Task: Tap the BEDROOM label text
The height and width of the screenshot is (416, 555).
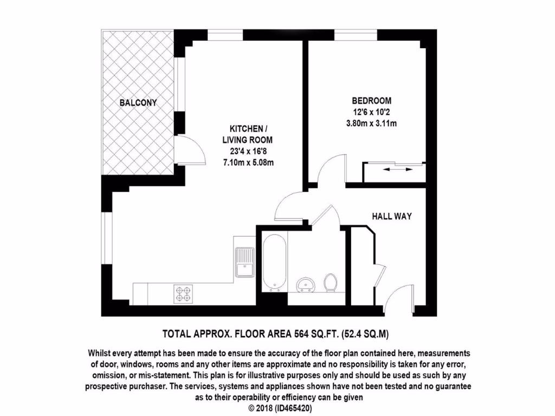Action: pyautogui.click(x=371, y=101)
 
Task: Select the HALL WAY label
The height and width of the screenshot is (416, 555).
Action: pyautogui.click(x=391, y=216)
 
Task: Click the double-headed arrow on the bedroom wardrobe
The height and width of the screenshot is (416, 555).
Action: pyautogui.click(x=394, y=170)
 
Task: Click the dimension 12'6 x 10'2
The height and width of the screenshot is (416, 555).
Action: pyautogui.click(x=371, y=112)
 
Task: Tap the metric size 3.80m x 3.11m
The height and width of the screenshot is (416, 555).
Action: pyautogui.click(x=371, y=124)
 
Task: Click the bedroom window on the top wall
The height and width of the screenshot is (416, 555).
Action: pyautogui.click(x=356, y=36)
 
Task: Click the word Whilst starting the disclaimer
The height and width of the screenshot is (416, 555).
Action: pyautogui.click(x=102, y=353)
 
